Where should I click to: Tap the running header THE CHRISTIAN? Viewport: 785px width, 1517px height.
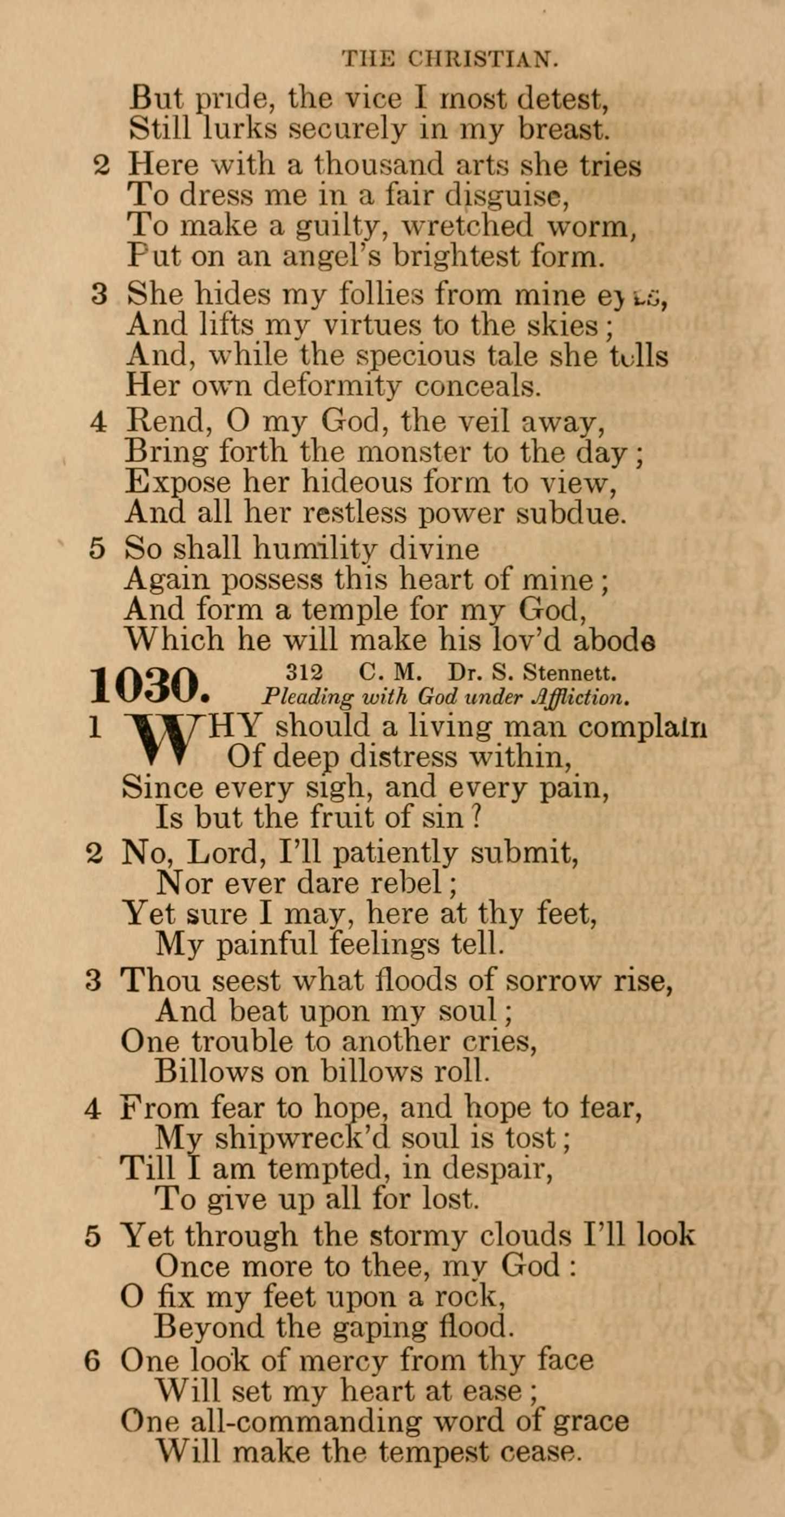click(x=449, y=58)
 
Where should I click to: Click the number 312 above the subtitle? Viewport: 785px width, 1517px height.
click(x=304, y=671)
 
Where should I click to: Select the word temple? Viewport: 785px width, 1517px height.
click(x=342, y=609)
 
